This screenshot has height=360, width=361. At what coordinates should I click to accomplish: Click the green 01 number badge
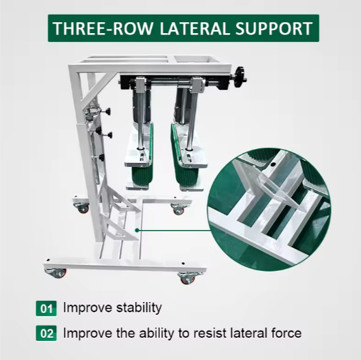point(46,309)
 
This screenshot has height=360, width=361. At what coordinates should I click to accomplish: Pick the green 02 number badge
point(46,333)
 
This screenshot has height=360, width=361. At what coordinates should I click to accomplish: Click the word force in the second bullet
point(286,333)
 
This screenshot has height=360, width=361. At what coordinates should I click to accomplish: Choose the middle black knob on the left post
point(108,135)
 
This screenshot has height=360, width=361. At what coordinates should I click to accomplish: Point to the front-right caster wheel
point(186,278)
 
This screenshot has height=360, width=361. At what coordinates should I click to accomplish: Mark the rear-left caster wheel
point(83,207)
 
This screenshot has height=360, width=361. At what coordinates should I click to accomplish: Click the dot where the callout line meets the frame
point(136,228)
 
